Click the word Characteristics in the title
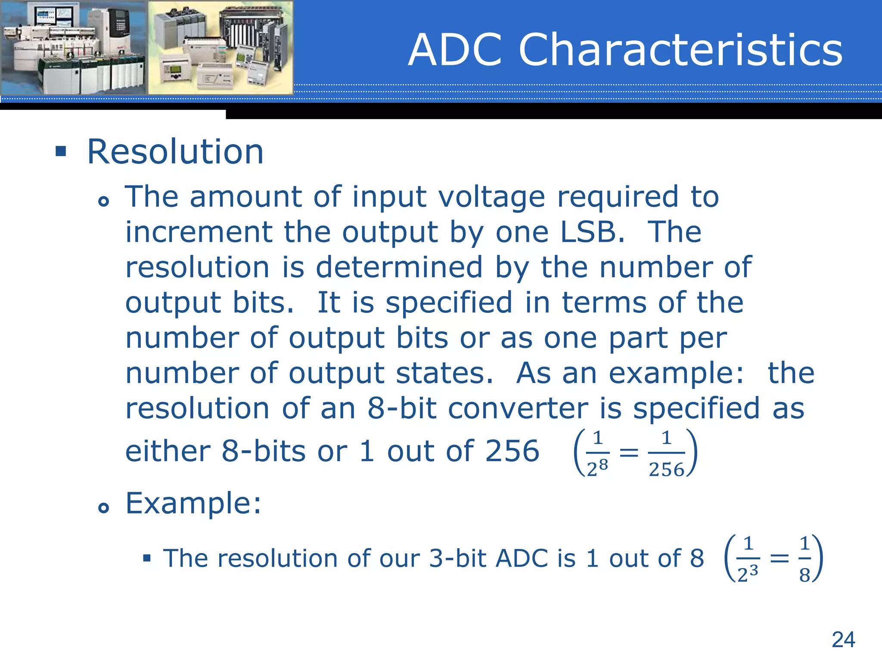click(680, 50)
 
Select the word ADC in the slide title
click(456, 50)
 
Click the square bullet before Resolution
click(61, 151)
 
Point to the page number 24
click(843, 639)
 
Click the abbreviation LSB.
click(592, 232)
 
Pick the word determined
click(399, 268)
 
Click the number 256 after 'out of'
click(512, 451)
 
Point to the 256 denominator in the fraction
click(666, 469)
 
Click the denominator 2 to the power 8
click(597, 468)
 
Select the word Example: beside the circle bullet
click(193, 503)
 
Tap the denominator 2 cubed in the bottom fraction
click(747, 574)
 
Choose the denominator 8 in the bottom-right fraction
click(804, 575)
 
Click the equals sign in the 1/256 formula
click(629, 453)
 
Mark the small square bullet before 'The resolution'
click(147, 559)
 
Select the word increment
click(199, 232)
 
